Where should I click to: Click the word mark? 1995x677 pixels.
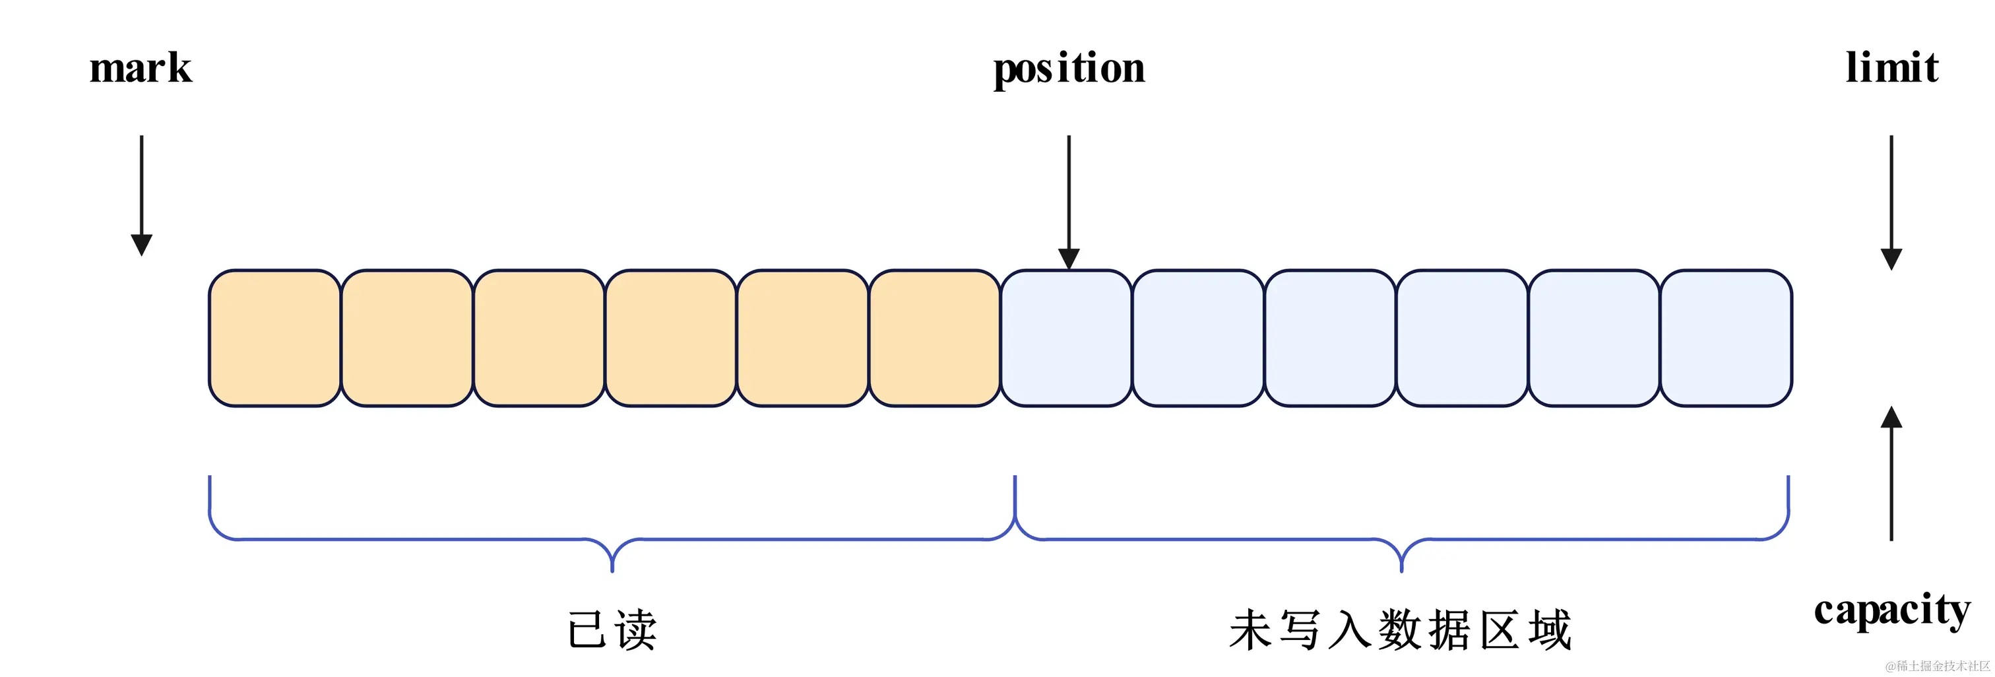pos(140,68)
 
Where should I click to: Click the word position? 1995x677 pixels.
pos(1069,69)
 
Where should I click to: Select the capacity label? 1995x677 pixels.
pos(1891,610)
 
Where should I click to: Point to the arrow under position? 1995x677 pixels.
pos(1069,201)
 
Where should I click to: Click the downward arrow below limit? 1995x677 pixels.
pos(1891,201)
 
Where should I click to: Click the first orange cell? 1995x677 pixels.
pos(275,338)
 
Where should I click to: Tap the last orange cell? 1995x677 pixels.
pos(934,338)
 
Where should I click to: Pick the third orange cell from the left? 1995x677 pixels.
pos(539,338)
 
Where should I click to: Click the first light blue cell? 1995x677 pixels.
pos(1065,338)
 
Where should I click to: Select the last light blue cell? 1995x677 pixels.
pos(1725,338)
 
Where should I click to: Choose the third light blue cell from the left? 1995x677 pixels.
pos(1330,338)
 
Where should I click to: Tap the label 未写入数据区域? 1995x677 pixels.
pos(1400,629)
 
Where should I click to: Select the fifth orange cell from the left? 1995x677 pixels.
pos(802,338)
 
